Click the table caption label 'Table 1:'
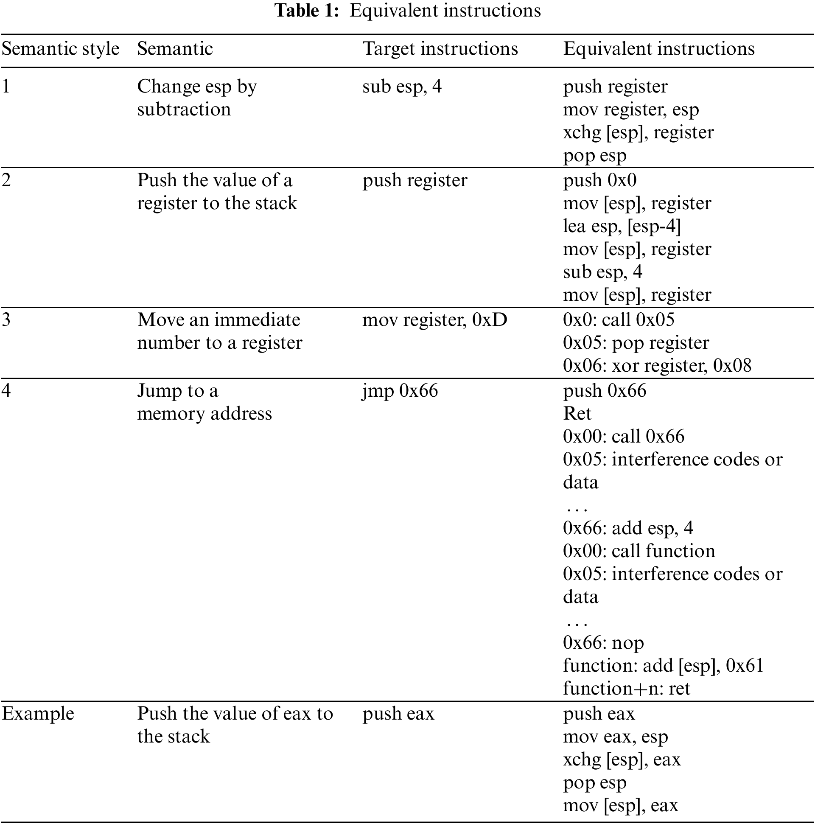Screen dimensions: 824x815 [x=307, y=11]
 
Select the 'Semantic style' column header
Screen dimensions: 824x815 [x=61, y=49]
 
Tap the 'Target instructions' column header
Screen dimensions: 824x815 [x=440, y=49]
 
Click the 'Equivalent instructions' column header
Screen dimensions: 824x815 [x=659, y=49]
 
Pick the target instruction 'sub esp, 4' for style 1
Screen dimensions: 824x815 [x=402, y=87]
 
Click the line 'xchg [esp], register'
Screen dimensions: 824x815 [x=638, y=133]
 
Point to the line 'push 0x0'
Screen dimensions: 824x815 [x=599, y=180]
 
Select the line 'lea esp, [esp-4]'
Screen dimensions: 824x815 [x=622, y=226]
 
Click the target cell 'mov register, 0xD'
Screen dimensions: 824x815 [x=434, y=320]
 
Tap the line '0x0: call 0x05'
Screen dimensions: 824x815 [x=619, y=320]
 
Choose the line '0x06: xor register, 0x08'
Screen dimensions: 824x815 [x=657, y=366]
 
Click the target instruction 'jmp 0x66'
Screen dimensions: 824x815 [x=400, y=391]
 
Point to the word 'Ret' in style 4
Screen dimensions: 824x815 [x=577, y=414]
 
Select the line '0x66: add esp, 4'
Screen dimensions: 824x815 [x=628, y=528]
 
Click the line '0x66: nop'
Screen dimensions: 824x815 [x=603, y=643]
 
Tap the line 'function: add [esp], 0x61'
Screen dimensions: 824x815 [x=663, y=666]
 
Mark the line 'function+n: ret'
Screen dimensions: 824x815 [x=626, y=689]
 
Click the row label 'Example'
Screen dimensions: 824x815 [x=38, y=714]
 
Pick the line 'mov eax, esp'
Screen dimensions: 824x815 [x=615, y=737]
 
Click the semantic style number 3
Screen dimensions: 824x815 [x=6, y=320]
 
